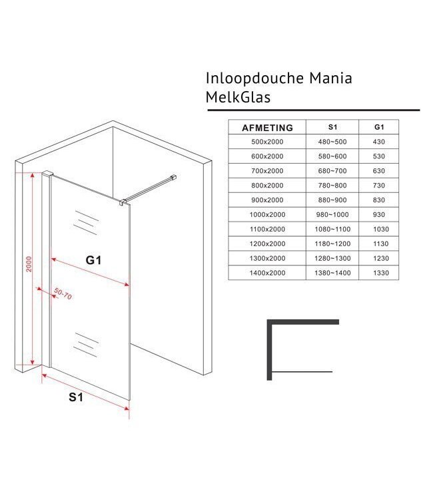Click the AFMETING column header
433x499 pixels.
(x=266, y=127)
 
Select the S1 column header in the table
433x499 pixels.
(x=332, y=127)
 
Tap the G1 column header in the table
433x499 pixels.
(x=378, y=127)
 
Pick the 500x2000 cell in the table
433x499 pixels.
(x=266, y=142)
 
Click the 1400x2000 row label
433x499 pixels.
(x=266, y=273)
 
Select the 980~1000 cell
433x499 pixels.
(x=332, y=215)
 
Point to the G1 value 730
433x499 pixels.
(x=378, y=186)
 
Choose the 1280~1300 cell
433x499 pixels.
(x=332, y=258)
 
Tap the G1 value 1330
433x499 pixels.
(x=378, y=273)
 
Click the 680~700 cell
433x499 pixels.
(x=332, y=171)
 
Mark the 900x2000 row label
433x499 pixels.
(x=266, y=200)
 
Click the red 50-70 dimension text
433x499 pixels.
(x=63, y=293)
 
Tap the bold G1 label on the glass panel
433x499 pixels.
(x=93, y=261)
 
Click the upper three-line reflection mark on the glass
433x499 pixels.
(x=85, y=222)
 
